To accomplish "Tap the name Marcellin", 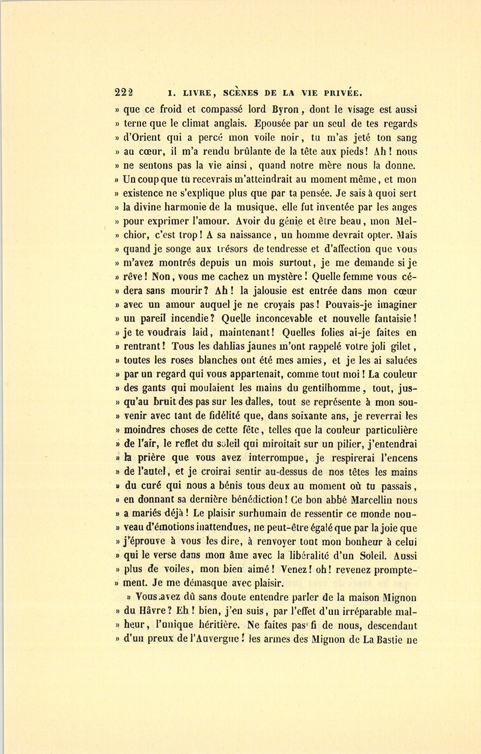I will pos(380,500).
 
